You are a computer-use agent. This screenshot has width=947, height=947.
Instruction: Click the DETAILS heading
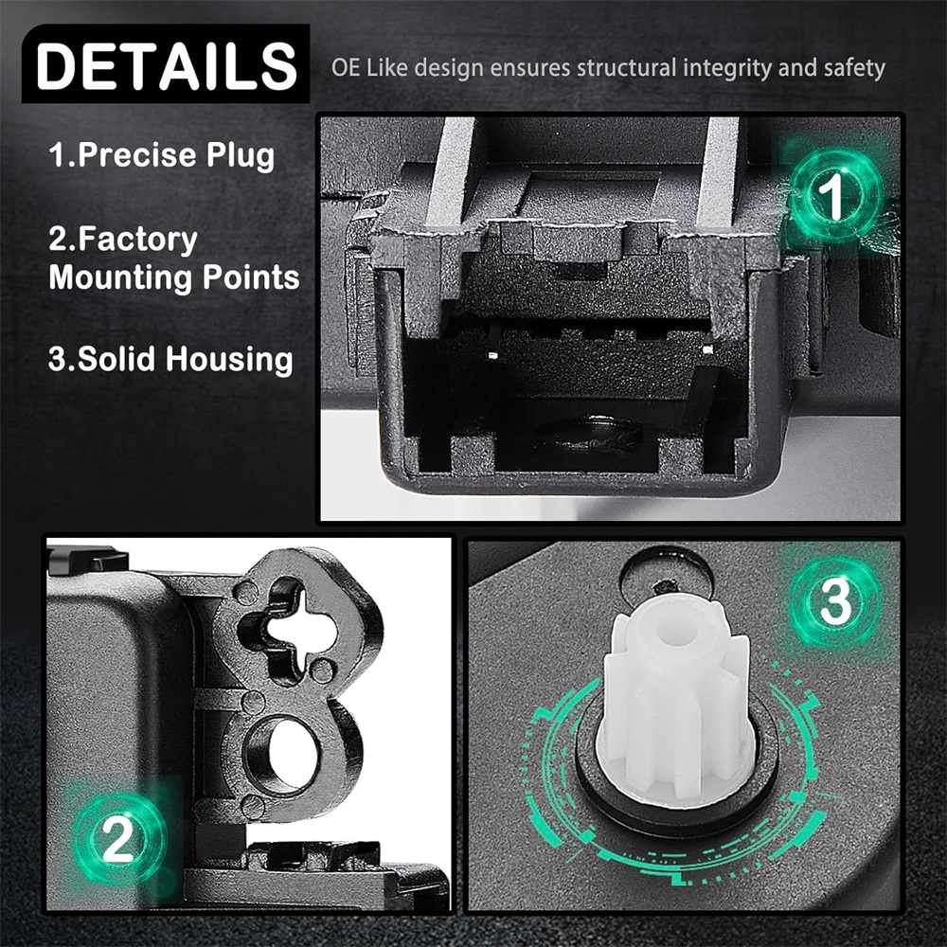[x=166, y=64]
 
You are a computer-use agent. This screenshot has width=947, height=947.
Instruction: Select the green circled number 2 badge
[x=117, y=838]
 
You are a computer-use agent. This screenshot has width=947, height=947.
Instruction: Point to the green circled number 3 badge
[x=836, y=601]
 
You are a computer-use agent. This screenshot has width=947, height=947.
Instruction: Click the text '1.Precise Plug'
[x=161, y=155]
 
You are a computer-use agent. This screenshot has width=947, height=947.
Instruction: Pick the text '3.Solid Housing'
[x=170, y=359]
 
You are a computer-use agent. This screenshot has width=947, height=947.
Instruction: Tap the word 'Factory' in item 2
[x=137, y=240]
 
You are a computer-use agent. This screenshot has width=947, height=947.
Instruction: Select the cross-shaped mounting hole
[x=288, y=630]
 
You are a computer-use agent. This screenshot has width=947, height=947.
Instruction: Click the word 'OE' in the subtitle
[x=346, y=67]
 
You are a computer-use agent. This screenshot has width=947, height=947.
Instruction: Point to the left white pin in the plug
[x=492, y=355]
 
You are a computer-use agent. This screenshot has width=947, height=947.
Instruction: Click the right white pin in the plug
[x=707, y=348]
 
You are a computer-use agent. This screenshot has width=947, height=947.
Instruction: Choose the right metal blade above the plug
[x=718, y=171]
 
